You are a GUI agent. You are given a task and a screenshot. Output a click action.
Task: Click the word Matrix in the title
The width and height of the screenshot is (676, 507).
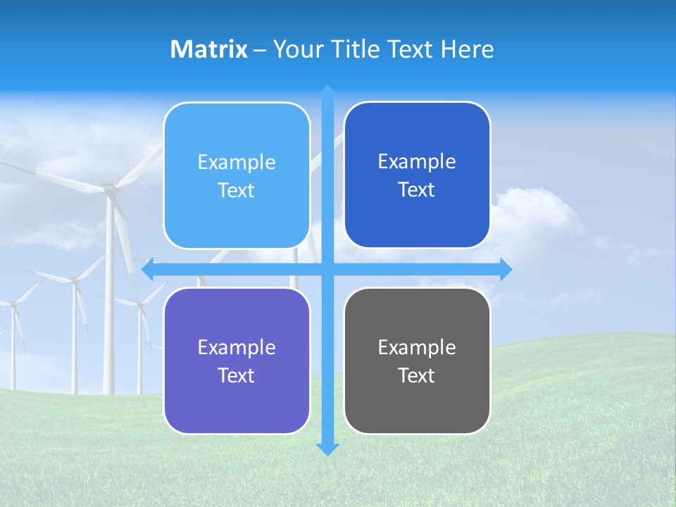click(208, 49)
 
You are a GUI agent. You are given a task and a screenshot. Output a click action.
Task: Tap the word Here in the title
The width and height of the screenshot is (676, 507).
click(467, 49)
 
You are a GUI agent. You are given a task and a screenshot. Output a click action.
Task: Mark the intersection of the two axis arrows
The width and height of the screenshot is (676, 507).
click(327, 269)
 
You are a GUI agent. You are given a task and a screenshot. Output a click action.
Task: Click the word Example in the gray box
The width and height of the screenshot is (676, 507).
click(417, 347)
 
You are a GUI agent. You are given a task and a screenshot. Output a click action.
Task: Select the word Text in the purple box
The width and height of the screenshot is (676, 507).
click(237, 375)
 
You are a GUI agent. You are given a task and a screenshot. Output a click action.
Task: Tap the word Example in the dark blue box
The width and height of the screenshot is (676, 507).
click(417, 161)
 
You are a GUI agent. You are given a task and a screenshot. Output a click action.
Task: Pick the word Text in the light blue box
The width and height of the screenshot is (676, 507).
click(237, 190)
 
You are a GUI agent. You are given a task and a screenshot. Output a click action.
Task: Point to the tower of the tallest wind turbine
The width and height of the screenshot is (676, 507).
click(110, 296)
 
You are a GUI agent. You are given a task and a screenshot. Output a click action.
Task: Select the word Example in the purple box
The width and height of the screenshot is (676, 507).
click(237, 347)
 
